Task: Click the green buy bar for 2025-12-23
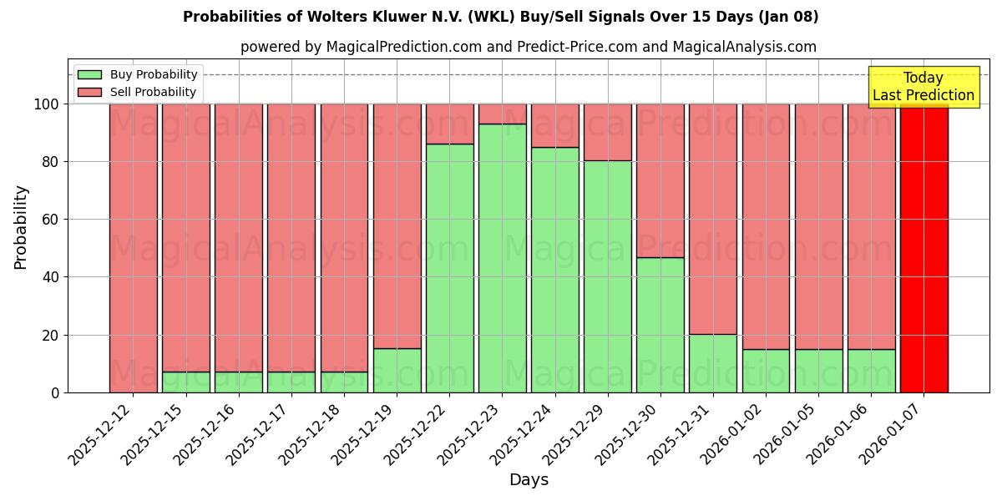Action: (x=502, y=258)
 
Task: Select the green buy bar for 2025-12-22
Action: (x=449, y=268)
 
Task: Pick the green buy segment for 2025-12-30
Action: (x=660, y=325)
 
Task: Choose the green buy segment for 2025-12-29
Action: (x=607, y=276)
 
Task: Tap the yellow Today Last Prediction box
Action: (x=924, y=87)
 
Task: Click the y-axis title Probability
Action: (x=21, y=227)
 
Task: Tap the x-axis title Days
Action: (x=529, y=480)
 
